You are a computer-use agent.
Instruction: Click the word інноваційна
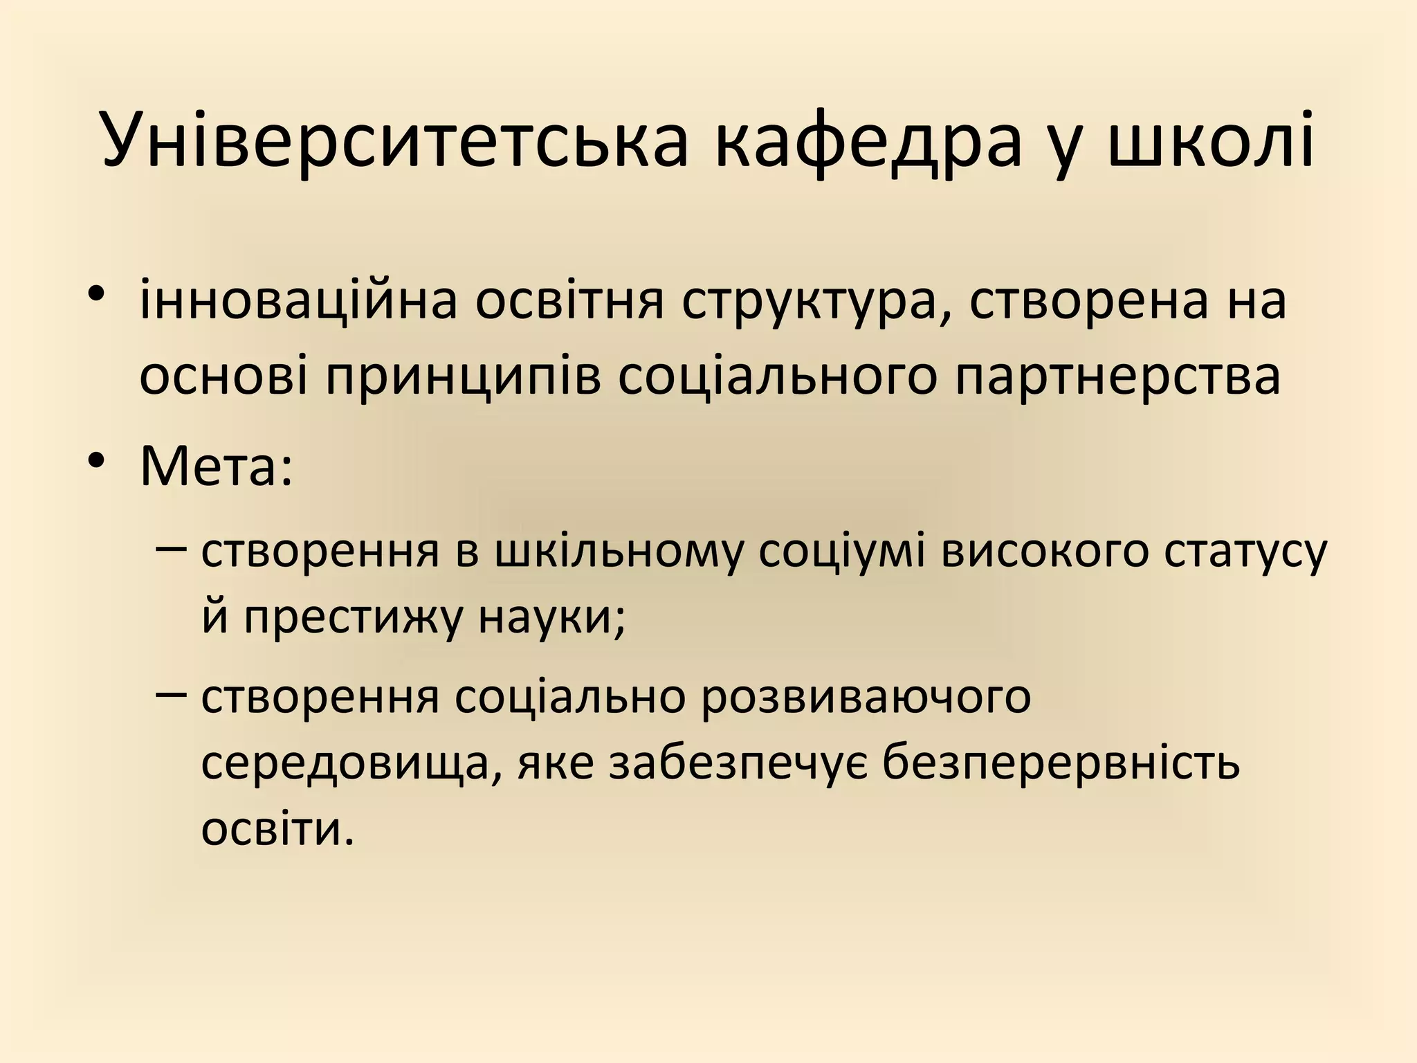click(298, 301)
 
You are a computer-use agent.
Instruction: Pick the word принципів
click(463, 377)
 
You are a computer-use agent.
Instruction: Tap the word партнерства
click(1118, 377)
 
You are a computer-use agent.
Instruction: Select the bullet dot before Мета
click(96, 462)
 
